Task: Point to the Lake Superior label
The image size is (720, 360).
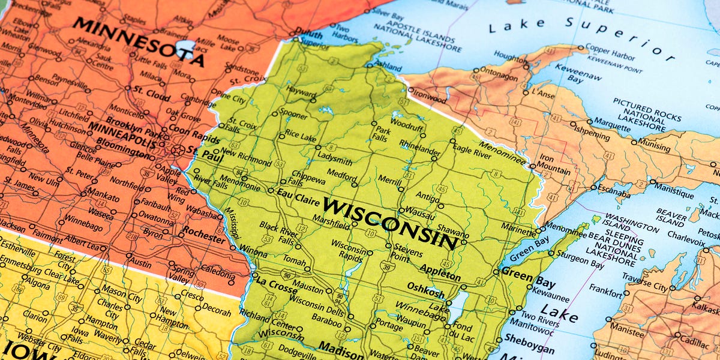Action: point(576,36)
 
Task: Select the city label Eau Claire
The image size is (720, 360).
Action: point(295,193)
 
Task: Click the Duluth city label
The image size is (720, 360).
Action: point(310,34)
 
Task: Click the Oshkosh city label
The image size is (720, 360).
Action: point(425,287)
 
